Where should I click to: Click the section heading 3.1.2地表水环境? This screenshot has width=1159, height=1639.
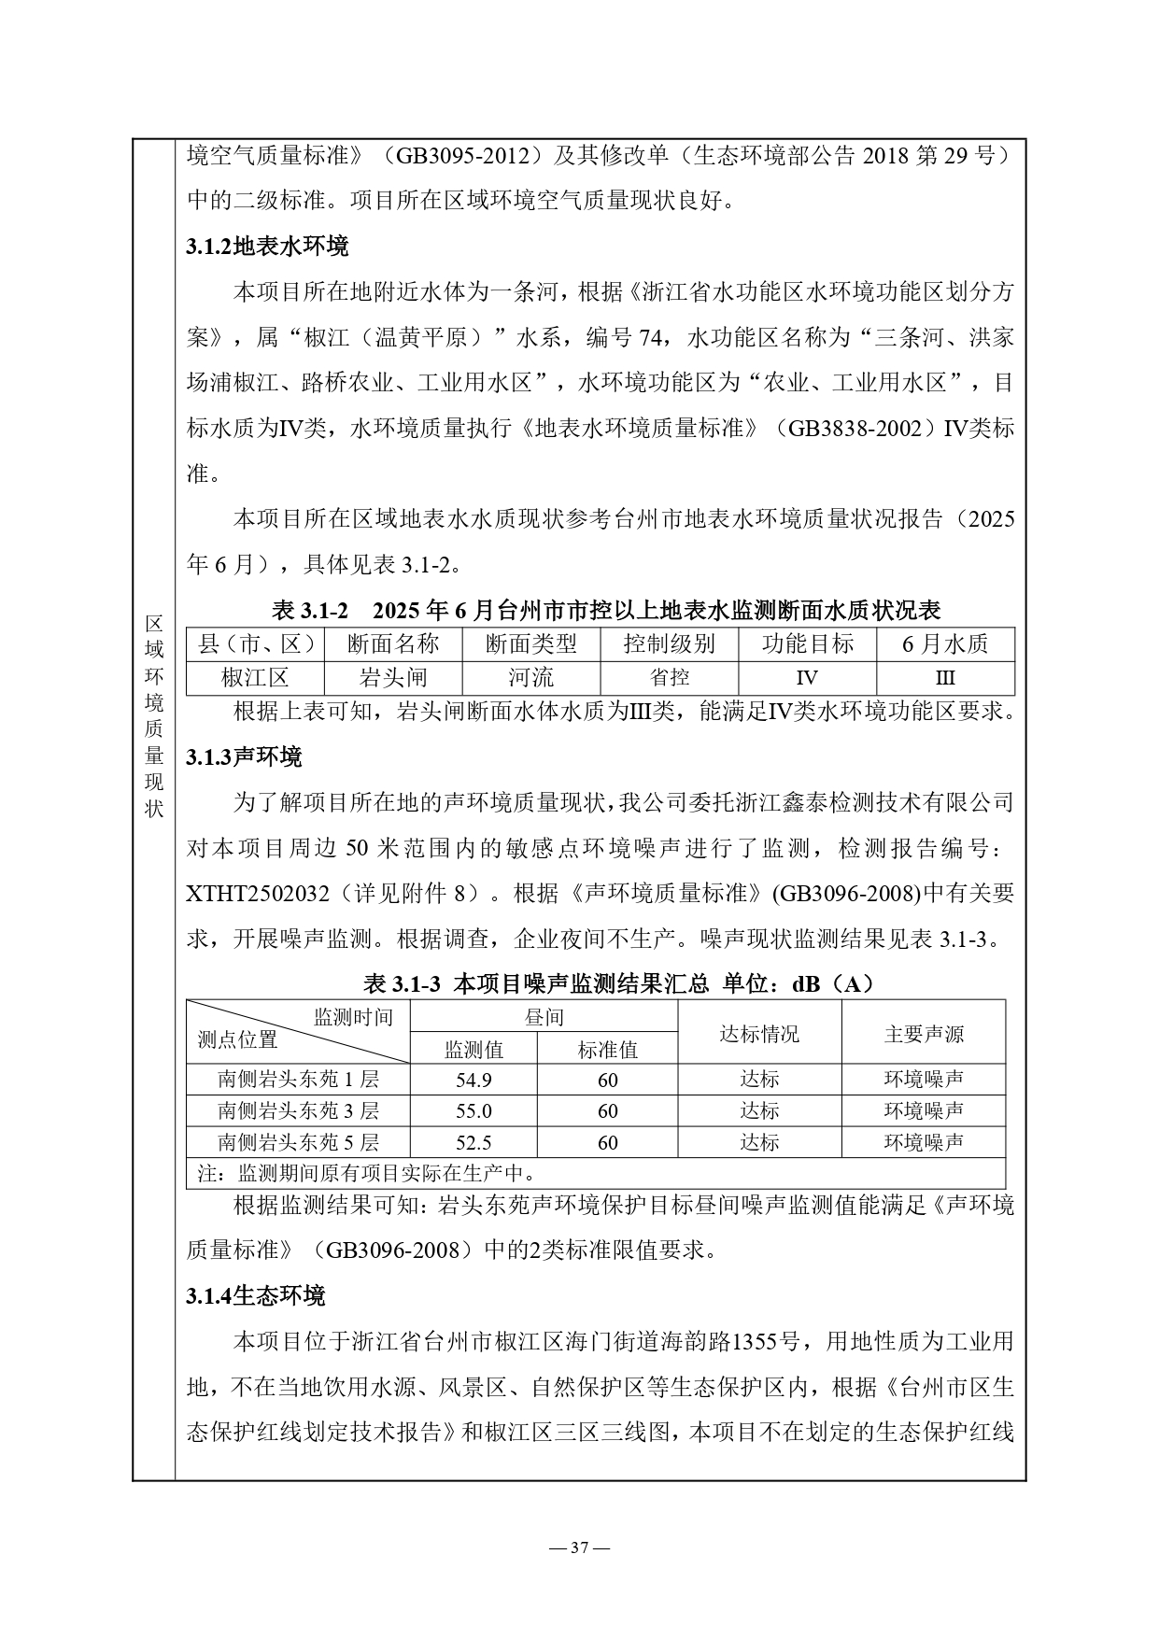click(267, 247)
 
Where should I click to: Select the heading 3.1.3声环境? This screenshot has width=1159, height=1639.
click(244, 757)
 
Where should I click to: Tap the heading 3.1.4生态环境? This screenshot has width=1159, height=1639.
click(255, 1296)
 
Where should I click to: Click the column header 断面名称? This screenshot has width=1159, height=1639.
click(392, 643)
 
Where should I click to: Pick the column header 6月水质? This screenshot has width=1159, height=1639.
click(945, 643)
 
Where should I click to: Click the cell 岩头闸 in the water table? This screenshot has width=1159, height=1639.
click(392, 677)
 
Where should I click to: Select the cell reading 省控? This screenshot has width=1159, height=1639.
click(669, 677)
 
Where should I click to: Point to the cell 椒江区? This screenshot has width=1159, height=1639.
click(255, 677)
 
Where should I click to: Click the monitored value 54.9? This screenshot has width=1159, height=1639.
click(473, 1081)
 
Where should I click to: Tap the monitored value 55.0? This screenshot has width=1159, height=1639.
click(473, 1111)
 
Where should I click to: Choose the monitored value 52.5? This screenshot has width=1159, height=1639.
click(473, 1143)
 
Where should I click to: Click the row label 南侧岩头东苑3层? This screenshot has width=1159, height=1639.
click(298, 1111)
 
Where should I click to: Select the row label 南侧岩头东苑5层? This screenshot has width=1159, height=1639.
click(298, 1143)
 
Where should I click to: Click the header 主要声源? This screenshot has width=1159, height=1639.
click(923, 1034)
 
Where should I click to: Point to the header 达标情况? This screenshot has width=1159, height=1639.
click(758, 1034)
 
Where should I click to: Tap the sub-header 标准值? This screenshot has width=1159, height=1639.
click(607, 1050)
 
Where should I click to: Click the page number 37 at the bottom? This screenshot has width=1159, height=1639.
click(579, 1548)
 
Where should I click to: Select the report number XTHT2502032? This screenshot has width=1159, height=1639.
click(258, 894)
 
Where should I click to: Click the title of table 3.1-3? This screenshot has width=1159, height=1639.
click(617, 983)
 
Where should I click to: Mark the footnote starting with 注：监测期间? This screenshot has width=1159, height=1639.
click(367, 1173)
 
